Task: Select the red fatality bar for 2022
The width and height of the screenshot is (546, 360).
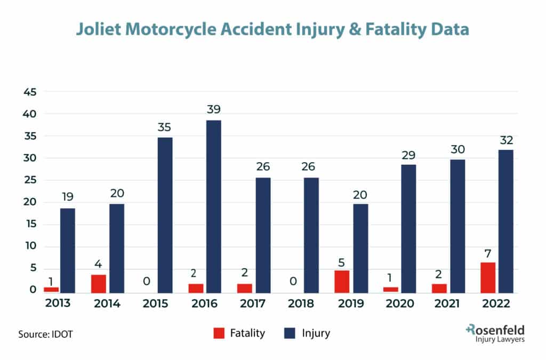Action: click(x=487, y=277)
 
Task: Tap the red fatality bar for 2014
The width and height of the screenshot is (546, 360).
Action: click(x=99, y=284)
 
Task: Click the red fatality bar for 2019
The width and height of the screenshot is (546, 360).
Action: click(x=342, y=282)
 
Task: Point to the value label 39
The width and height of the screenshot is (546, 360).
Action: click(x=214, y=109)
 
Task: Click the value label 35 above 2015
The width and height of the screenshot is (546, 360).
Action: click(x=165, y=127)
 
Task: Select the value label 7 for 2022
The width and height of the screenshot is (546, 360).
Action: click(x=487, y=252)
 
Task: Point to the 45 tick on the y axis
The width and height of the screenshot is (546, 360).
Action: click(x=29, y=92)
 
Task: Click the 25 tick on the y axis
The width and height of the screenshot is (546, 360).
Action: click(x=29, y=180)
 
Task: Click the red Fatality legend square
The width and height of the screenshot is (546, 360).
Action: click(x=219, y=333)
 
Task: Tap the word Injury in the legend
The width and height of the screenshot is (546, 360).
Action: click(x=316, y=333)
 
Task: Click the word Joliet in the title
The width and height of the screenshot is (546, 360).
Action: click(x=99, y=29)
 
